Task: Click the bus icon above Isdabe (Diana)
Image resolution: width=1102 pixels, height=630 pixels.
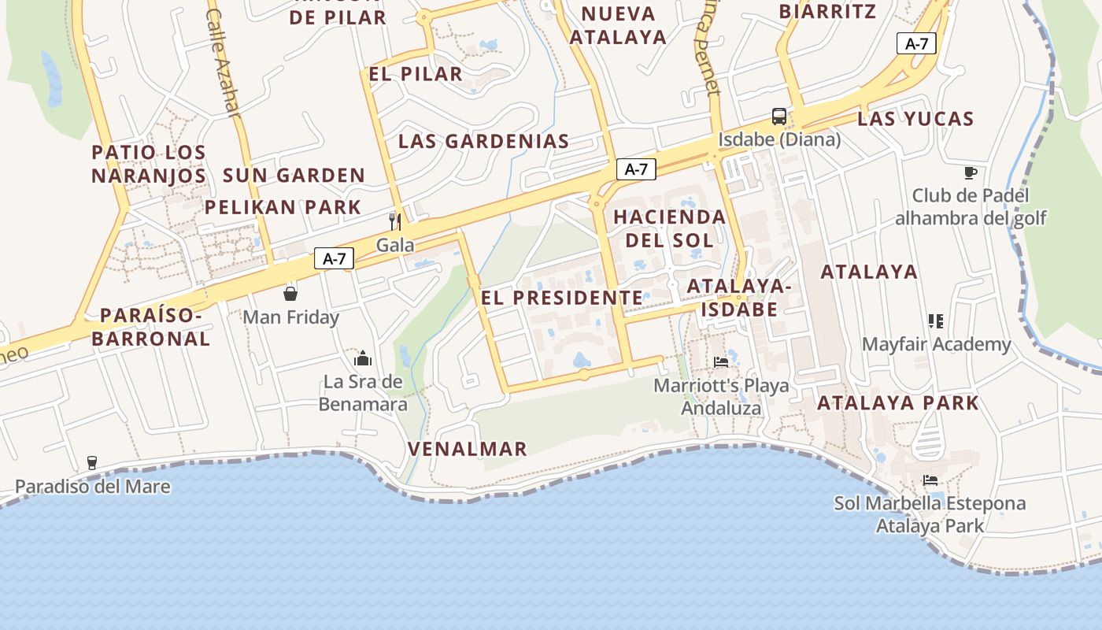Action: pyautogui.click(x=778, y=117)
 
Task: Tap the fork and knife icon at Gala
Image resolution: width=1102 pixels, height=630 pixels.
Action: pyautogui.click(x=395, y=222)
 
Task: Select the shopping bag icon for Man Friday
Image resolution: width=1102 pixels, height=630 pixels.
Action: pyautogui.click(x=290, y=294)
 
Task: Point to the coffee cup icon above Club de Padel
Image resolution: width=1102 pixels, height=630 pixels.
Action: pyautogui.click(x=971, y=172)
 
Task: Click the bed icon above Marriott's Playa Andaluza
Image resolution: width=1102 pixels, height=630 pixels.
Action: pyautogui.click(x=721, y=362)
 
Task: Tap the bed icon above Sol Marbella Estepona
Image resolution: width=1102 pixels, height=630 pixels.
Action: pyautogui.click(x=930, y=480)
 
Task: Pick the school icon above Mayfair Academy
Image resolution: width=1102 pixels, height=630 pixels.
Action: pyautogui.click(x=936, y=321)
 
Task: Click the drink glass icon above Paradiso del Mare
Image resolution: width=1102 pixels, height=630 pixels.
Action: pyautogui.click(x=92, y=462)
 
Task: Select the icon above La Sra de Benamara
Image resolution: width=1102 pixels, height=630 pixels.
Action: pyautogui.click(x=363, y=358)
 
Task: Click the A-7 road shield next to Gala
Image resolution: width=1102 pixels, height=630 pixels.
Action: pyautogui.click(x=335, y=258)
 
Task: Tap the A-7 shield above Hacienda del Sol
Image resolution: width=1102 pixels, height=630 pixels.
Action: pyautogui.click(x=636, y=169)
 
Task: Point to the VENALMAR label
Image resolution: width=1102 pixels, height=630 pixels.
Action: pyautogui.click(x=468, y=449)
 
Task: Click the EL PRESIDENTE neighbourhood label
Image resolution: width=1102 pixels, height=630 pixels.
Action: pyautogui.click(x=562, y=298)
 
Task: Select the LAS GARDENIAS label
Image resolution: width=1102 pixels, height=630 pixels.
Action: pyautogui.click(x=483, y=142)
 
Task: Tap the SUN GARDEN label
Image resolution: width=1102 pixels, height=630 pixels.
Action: pyautogui.click(x=294, y=175)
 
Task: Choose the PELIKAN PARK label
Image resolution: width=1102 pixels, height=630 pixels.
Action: pyautogui.click(x=283, y=207)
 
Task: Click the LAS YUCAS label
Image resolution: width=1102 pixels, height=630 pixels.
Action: pyautogui.click(x=915, y=119)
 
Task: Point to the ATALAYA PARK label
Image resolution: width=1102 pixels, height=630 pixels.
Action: pyautogui.click(x=898, y=402)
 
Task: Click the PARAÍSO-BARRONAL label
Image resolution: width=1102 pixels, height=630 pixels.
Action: pyautogui.click(x=151, y=327)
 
